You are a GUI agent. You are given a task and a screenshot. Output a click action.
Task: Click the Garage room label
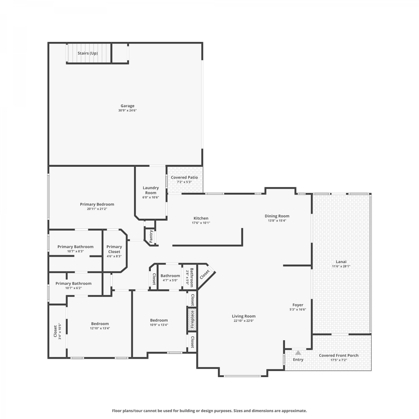pyautogui.click(x=127, y=106)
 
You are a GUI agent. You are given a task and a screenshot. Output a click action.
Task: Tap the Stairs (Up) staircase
pyautogui.click(x=89, y=53)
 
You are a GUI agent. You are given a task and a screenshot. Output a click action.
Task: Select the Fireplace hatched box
pyautogui.click(x=192, y=320)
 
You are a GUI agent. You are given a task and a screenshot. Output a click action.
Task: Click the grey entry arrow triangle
pyautogui.click(x=298, y=353)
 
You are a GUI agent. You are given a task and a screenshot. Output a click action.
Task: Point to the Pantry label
pyautogui.click(x=151, y=236)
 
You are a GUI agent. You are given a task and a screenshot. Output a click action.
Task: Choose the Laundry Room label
pyautogui.click(x=151, y=190)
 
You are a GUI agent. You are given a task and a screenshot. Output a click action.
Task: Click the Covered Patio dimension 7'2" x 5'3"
pyautogui.click(x=184, y=182)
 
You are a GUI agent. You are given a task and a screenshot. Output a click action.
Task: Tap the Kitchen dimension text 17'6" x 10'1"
pyautogui.click(x=201, y=223)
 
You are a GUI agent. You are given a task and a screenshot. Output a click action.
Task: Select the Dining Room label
pyautogui.click(x=277, y=216)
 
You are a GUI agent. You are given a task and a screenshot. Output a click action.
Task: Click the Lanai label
pyautogui.click(x=341, y=262)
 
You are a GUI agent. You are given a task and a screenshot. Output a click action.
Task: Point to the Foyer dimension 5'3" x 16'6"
pyautogui.click(x=298, y=310)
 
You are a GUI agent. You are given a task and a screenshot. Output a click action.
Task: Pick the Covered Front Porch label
pyautogui.click(x=339, y=355)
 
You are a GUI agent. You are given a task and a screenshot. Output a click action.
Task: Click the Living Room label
pyautogui.click(x=244, y=316)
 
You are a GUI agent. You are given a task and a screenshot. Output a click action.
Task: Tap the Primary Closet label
pyautogui.click(x=114, y=249)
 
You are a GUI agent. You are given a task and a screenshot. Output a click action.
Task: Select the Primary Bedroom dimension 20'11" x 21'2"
pyautogui.click(x=97, y=209)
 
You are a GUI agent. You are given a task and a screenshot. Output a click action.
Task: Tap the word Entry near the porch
pyautogui.click(x=298, y=360)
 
